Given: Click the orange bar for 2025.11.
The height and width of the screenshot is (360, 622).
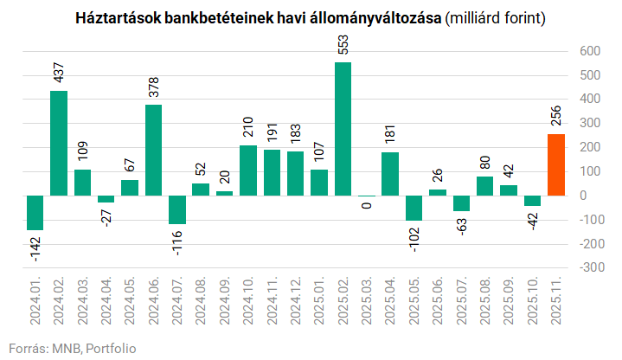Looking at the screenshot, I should [x=556, y=164].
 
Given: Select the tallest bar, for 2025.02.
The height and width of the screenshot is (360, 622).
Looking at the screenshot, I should [x=343, y=129].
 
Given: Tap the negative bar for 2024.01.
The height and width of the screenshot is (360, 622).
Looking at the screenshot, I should [x=35, y=212].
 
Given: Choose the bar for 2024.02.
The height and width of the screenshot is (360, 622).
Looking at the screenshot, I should [x=59, y=143].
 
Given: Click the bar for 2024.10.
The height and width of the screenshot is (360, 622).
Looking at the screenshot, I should [x=248, y=170].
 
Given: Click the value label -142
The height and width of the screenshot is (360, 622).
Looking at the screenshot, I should [x=35, y=250].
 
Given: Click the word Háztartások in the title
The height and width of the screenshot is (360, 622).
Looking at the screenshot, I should [x=117, y=17].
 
